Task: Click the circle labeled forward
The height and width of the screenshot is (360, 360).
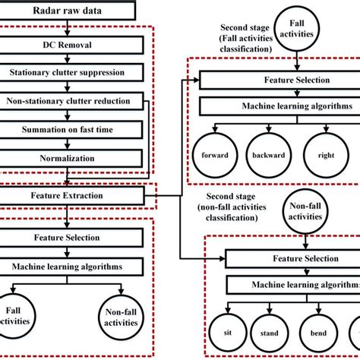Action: (x=214, y=155)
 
